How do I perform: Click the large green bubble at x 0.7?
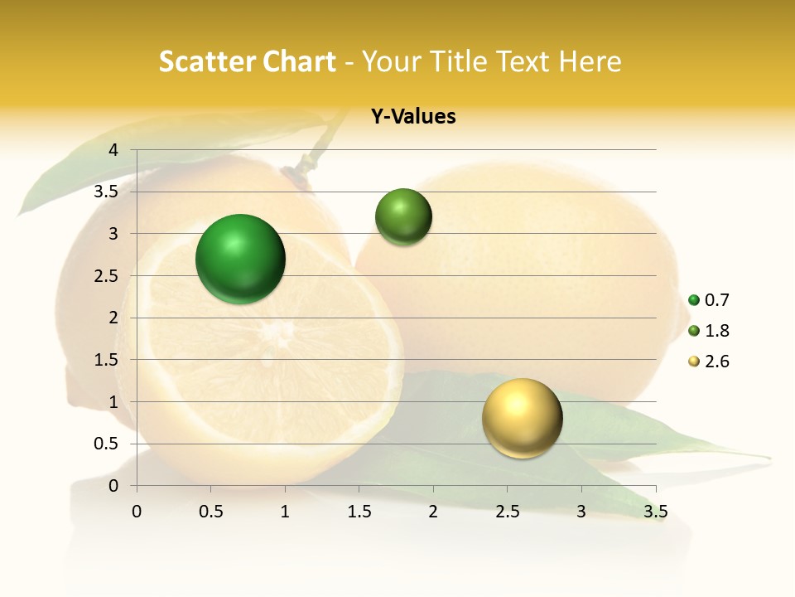[240, 259]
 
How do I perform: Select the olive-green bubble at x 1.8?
[403, 217]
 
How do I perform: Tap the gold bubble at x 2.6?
[522, 418]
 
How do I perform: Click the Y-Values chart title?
[412, 117]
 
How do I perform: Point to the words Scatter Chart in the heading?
[247, 61]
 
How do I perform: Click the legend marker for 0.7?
[694, 300]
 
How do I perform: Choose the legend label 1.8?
[716, 331]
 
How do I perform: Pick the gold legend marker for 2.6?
[694, 362]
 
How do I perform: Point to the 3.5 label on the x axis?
[655, 512]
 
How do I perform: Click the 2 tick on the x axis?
[433, 512]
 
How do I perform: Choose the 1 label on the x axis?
[285, 512]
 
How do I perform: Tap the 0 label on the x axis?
[137, 512]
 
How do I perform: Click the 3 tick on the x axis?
[581, 512]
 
